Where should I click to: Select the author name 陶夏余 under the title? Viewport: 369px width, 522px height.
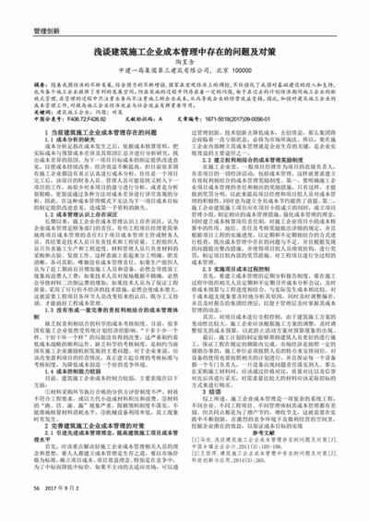pyautogui.click(x=184, y=70)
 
